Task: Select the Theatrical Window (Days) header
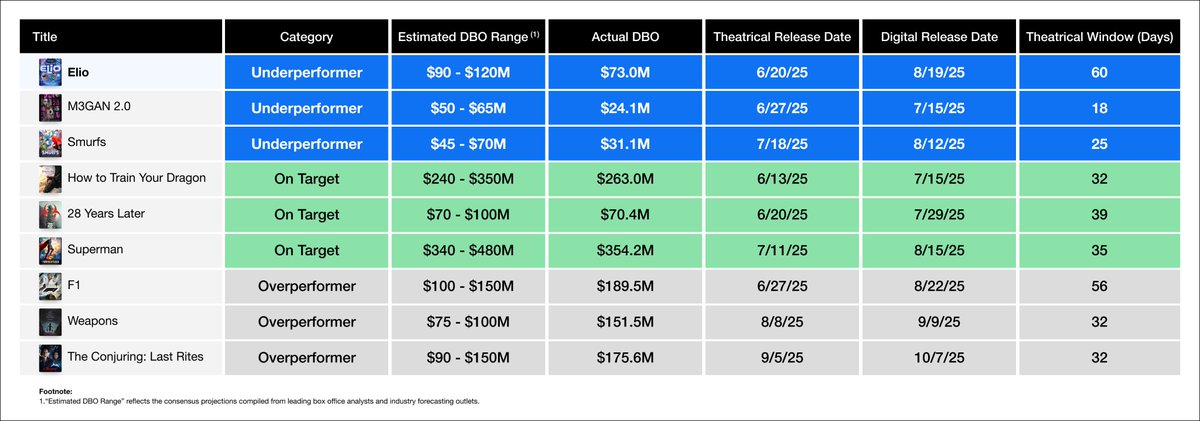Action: [x=1098, y=37]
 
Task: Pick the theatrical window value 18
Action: [x=1098, y=108]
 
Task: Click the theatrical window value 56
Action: [x=1098, y=287]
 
